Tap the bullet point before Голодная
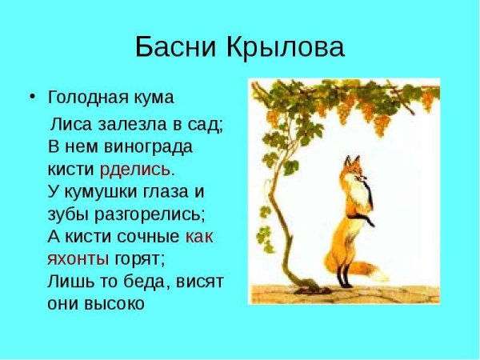coord(32,97)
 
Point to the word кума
coord(153,98)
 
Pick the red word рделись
coord(135,170)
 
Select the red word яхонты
coord(78,259)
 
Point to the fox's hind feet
coord(346,284)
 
